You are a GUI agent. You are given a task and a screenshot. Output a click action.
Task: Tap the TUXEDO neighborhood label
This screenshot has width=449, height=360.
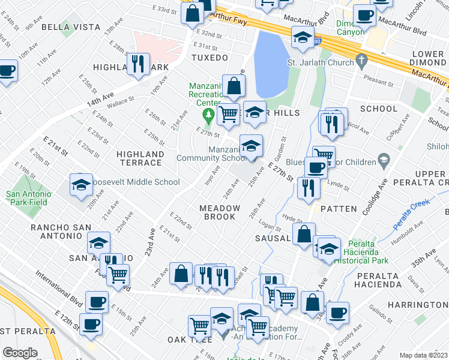[x=209, y=58]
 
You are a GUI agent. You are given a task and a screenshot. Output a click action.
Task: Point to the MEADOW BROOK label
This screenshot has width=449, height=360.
[x=220, y=212]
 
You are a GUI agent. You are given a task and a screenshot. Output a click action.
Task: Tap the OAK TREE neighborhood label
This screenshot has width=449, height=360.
[x=186, y=340]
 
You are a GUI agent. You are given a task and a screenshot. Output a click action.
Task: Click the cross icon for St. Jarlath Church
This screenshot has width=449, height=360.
[x=360, y=60]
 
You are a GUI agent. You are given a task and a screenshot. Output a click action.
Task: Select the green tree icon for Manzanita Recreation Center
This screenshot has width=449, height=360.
[x=208, y=113]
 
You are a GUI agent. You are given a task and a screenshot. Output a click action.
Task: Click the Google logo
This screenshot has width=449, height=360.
[x=20, y=353]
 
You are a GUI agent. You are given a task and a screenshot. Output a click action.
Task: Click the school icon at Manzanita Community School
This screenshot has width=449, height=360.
[x=251, y=145]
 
